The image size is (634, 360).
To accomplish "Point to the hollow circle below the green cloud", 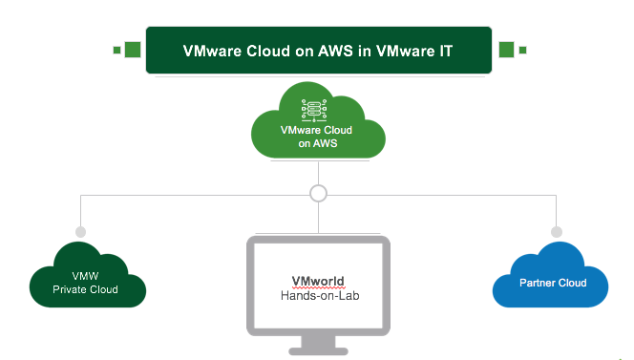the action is tap(319, 194).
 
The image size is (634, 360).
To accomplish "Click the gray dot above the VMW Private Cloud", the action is tap(80, 232).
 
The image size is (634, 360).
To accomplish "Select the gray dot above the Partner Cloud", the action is tap(554, 232).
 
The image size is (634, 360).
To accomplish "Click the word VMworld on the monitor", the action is tap(318, 282).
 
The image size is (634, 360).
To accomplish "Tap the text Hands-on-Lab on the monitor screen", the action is tap(318, 296).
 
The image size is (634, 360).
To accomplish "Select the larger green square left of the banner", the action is tap(132, 50).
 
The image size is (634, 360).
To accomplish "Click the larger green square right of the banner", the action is tap(506, 50).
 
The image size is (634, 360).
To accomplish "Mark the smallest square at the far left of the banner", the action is tap(116, 50).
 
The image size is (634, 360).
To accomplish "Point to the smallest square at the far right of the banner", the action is tap(522, 50).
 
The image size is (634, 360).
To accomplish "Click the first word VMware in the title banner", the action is tap(205, 51).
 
